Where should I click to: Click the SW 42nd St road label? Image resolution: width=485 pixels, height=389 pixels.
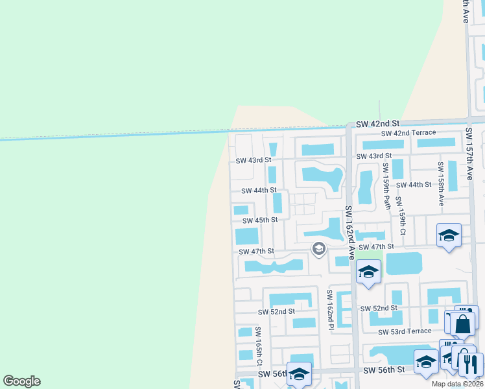coord(378,123)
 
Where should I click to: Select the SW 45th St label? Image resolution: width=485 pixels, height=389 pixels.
coord(257,220)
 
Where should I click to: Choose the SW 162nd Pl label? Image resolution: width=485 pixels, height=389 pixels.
coord(329,309)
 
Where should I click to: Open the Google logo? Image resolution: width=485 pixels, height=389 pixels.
coord(22,381)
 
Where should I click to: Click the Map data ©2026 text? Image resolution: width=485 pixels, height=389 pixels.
coord(456,384)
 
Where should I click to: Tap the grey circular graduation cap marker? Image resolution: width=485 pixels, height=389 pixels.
coord(318,248)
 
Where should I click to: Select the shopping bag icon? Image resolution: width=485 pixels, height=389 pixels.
coord(463,324)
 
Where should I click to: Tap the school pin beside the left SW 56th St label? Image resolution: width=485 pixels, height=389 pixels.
coord(299,374)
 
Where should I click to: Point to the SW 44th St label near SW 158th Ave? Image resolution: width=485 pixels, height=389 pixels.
coord(415,185)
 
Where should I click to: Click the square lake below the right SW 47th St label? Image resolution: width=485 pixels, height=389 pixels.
coord(403,263)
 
